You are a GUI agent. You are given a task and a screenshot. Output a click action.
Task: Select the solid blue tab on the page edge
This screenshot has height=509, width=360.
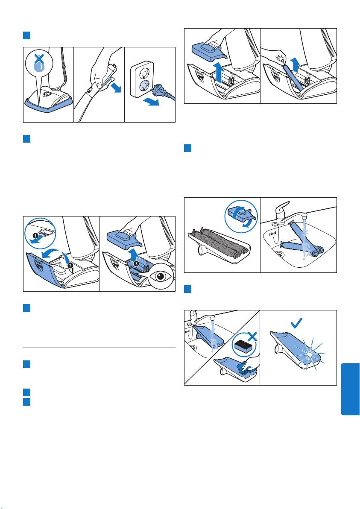click(351, 389)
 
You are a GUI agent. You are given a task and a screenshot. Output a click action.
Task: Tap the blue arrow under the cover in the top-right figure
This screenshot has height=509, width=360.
click(219, 73)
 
